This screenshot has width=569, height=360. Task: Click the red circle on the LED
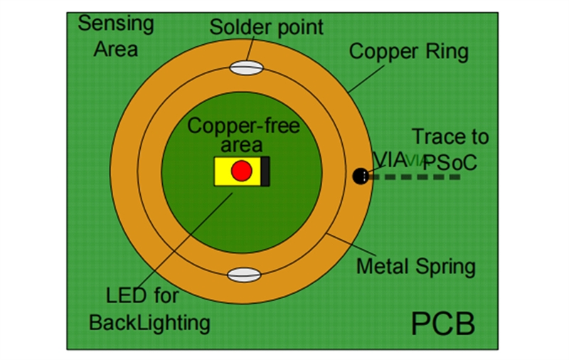tap(242, 171)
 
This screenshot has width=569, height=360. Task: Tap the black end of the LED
tap(265, 171)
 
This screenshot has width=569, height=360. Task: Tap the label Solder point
tap(267, 28)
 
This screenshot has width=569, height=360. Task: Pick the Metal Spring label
tap(415, 267)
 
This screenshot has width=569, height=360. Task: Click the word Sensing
tap(115, 23)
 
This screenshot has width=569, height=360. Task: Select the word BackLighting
tap(149, 322)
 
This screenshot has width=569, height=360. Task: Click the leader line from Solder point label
tap(250, 51)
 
